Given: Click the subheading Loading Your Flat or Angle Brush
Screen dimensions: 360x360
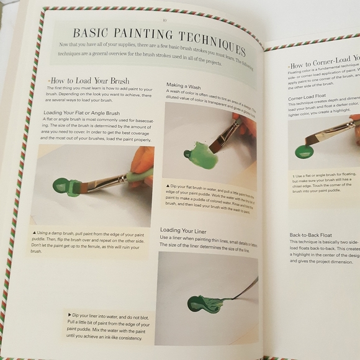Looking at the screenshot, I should [81, 112].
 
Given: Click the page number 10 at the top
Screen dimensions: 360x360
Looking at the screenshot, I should [164, 20].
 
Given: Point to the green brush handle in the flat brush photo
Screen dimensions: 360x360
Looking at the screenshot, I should [138, 178].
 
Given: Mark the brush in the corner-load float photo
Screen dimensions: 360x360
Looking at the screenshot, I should [328, 130].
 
